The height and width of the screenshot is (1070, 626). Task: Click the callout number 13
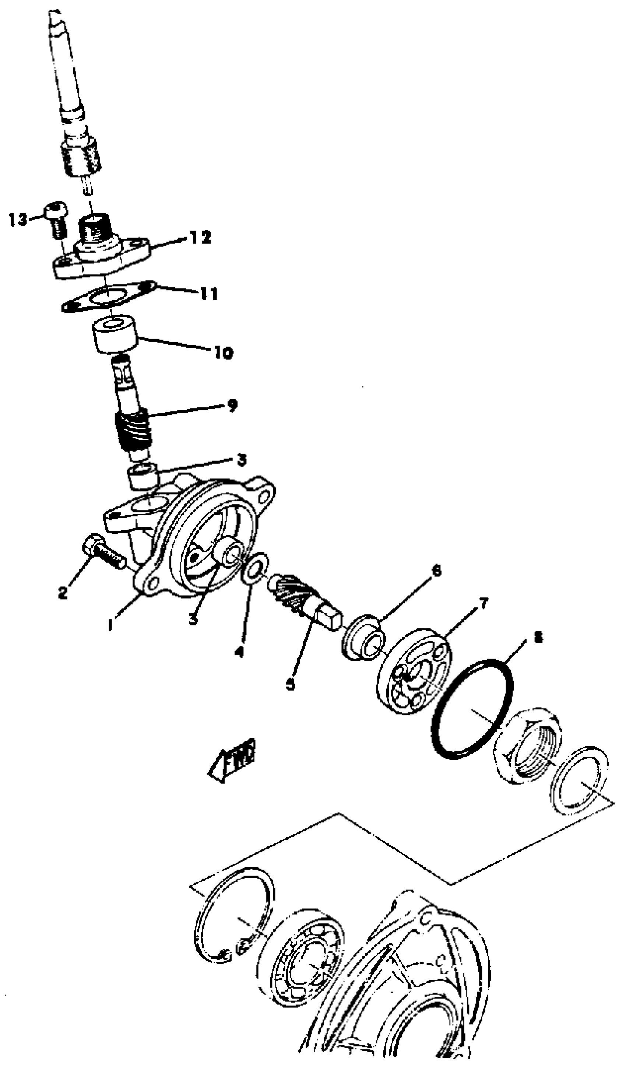point(18,220)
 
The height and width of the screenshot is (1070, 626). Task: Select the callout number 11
point(209,294)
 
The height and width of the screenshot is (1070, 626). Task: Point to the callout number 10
point(223,352)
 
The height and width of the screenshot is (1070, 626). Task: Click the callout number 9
point(232,406)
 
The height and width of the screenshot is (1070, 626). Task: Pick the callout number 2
point(63,593)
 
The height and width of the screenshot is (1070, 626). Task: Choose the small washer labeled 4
point(255,568)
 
